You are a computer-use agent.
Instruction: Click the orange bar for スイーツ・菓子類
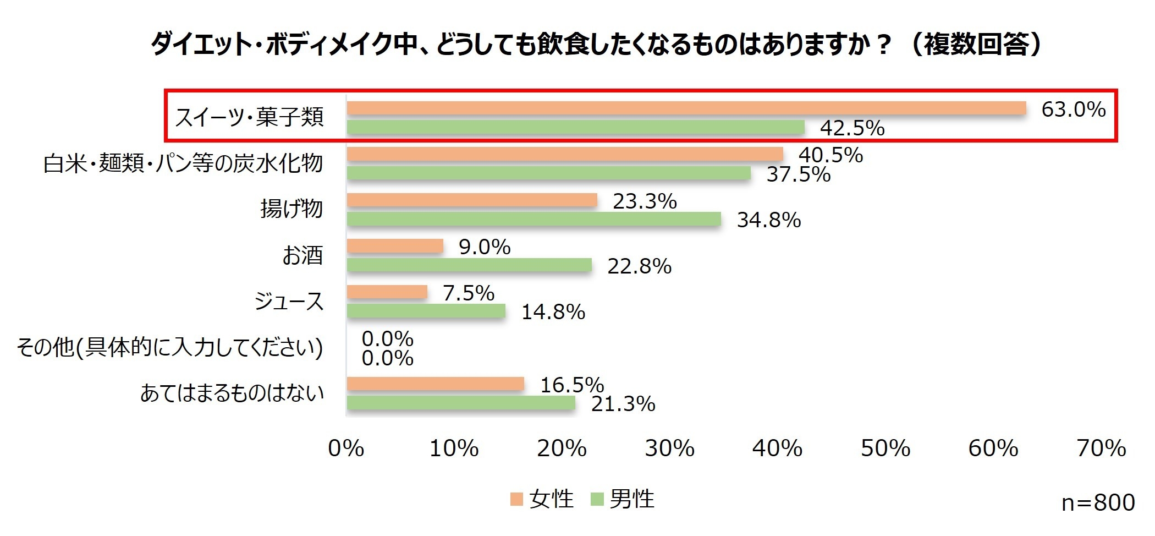[x=686, y=108]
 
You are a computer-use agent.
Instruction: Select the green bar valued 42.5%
[x=576, y=128]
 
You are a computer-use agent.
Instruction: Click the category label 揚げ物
[x=291, y=209]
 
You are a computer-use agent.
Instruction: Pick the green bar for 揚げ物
[x=533, y=220]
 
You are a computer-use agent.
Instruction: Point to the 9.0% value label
[x=485, y=247]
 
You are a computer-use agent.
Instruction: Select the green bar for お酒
[x=469, y=266]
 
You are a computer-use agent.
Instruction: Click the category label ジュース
[x=289, y=302]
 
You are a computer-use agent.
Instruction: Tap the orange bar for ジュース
[x=387, y=292]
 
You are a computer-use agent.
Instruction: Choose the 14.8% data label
[x=553, y=312]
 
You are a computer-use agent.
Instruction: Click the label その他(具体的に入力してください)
[x=170, y=348]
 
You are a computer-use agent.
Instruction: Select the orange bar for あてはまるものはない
[x=435, y=384]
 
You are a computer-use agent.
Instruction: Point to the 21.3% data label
[x=623, y=404]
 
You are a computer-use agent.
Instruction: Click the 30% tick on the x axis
[x=669, y=449]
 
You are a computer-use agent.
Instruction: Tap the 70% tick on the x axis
[x=1101, y=449]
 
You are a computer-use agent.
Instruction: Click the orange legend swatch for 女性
[x=516, y=499]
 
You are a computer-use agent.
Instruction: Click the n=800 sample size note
[x=1098, y=502]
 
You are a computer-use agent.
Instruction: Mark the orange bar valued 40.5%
[x=565, y=155]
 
